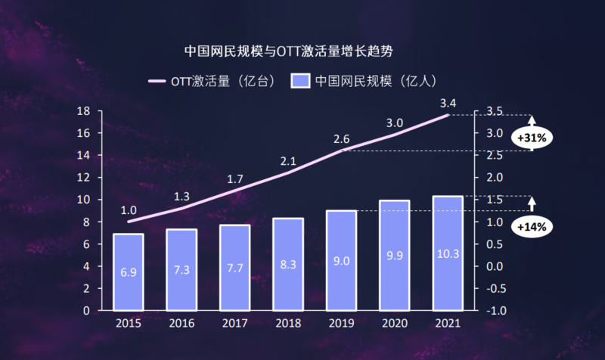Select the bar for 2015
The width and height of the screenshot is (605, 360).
(x=129, y=272)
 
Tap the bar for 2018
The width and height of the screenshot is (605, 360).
(x=288, y=264)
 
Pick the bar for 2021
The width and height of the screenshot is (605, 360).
(x=447, y=253)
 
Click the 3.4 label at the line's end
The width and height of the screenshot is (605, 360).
(x=448, y=102)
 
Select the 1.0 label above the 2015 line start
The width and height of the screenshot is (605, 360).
(x=129, y=210)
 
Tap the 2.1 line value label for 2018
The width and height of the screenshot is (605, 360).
(x=288, y=161)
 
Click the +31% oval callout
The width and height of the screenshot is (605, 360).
(x=532, y=137)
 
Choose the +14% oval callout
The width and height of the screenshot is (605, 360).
(x=532, y=226)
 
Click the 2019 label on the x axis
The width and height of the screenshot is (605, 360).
(x=341, y=325)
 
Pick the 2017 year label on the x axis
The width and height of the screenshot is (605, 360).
(x=234, y=325)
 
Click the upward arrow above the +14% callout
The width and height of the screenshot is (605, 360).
(x=532, y=203)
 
